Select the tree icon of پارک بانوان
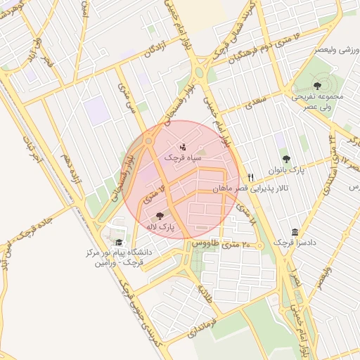[285, 159]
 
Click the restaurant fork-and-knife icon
[250, 177]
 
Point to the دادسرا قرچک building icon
[294, 233]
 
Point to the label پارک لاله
[160, 227]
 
